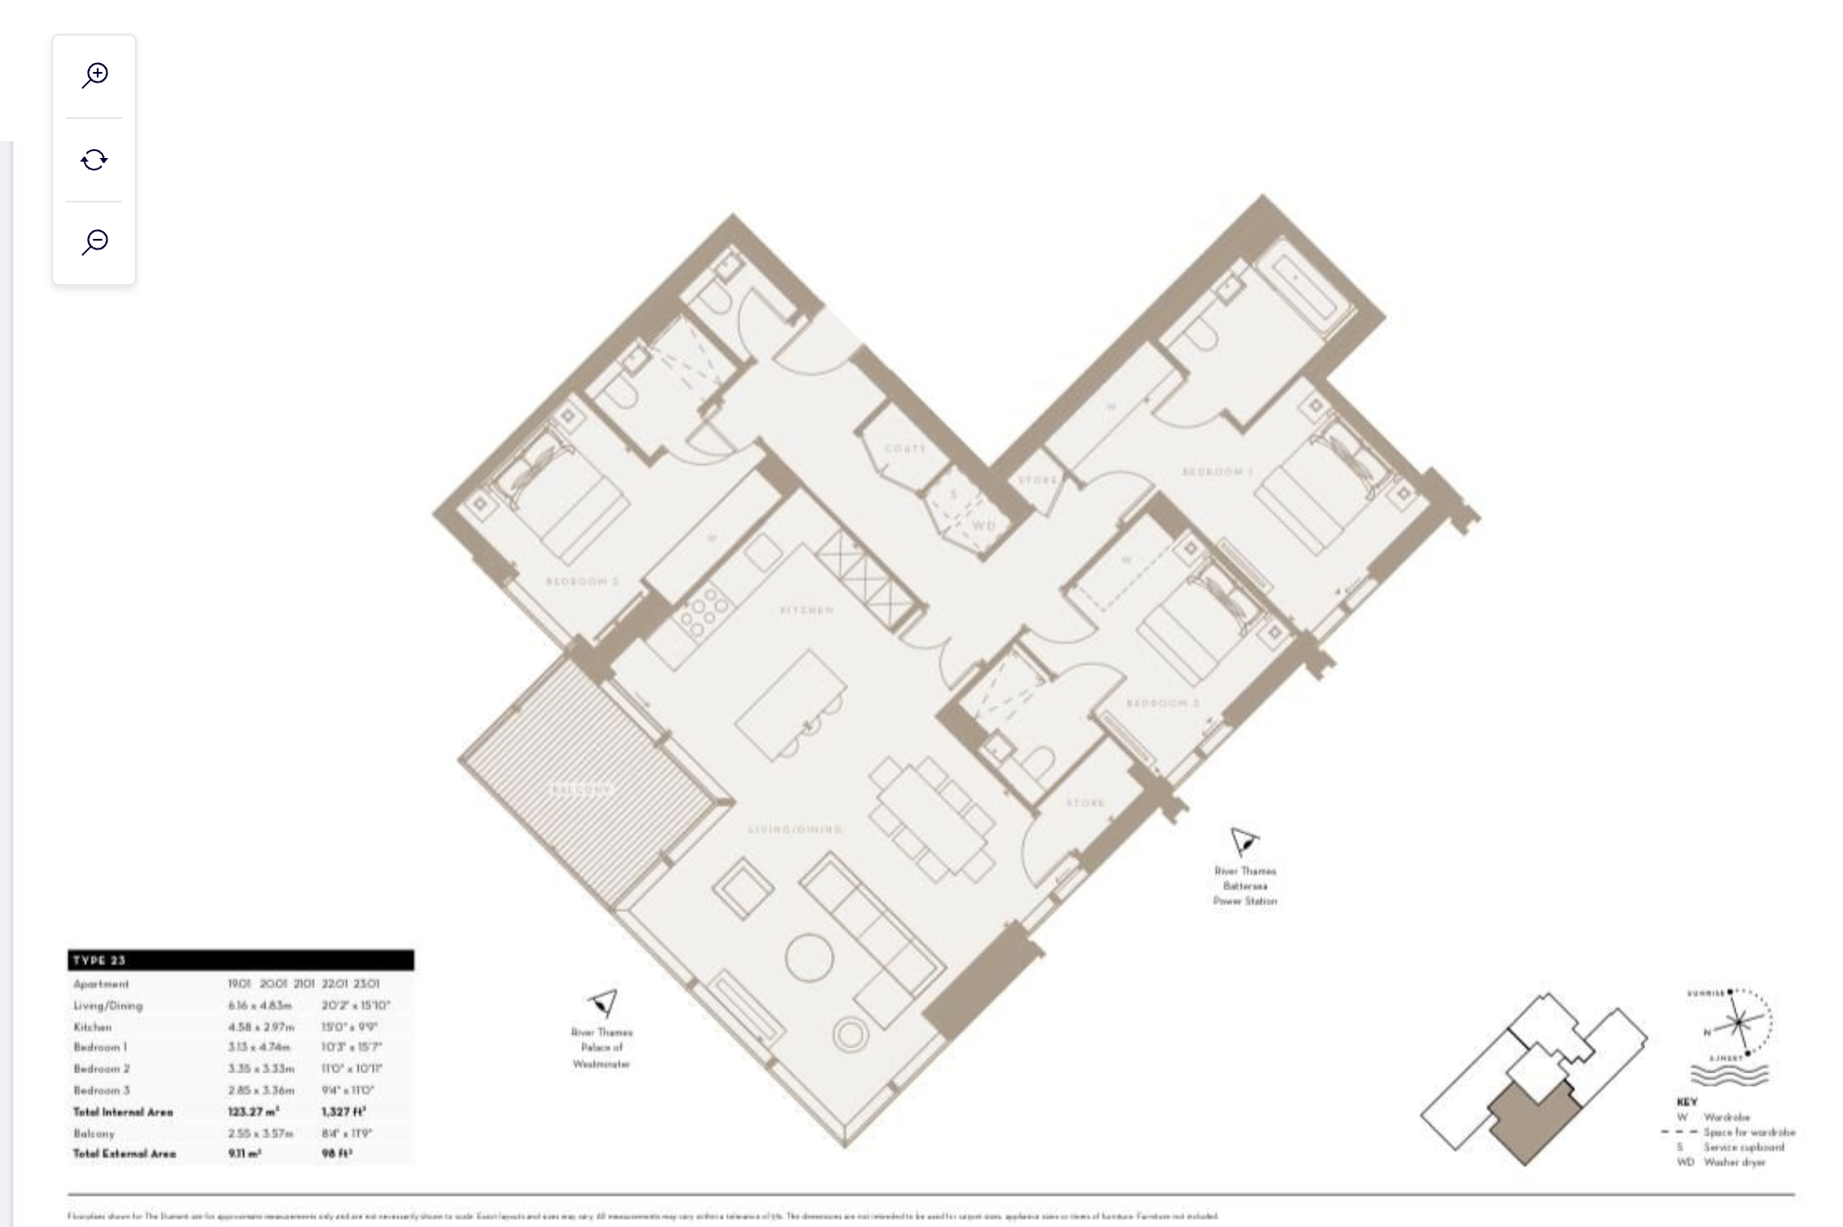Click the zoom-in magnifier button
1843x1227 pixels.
tap(94, 75)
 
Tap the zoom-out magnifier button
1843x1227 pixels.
tap(94, 241)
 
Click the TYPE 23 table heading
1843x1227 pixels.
tap(99, 960)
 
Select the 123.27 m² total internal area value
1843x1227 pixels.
tap(253, 1112)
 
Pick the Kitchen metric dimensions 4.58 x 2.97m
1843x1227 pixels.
tap(260, 1026)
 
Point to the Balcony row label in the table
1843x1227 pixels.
tap(94, 1133)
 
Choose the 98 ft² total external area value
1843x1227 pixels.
tap(336, 1153)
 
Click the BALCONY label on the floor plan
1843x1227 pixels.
tap(581, 789)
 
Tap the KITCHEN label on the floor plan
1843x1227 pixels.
tap(806, 610)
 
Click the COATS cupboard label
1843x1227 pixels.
tap(905, 448)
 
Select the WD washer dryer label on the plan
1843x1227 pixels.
tap(984, 526)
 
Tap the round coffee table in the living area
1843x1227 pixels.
tap(809, 957)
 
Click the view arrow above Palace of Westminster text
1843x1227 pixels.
tap(604, 1003)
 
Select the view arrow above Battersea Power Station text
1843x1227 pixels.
tap(1244, 840)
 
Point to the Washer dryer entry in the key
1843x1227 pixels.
tap(1734, 1162)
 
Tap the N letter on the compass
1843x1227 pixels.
tap(1706, 1033)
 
